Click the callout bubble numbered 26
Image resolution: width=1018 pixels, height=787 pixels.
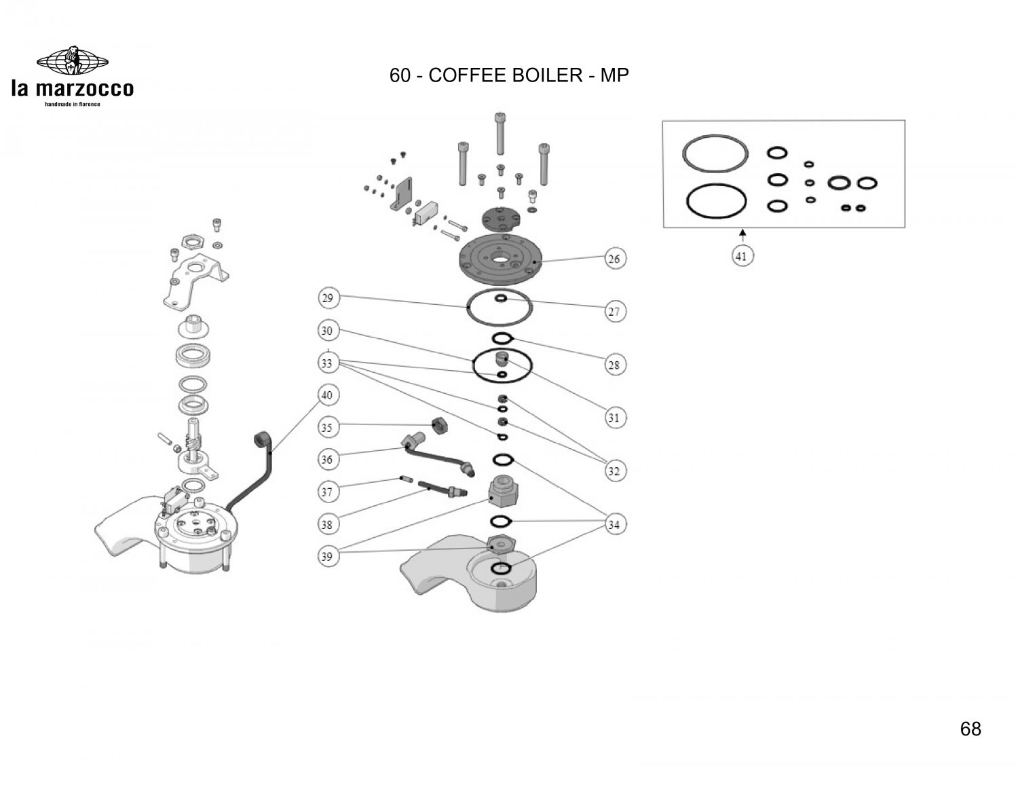click(614, 259)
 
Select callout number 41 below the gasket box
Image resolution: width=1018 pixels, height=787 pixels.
click(742, 256)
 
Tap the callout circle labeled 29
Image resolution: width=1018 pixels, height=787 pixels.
click(328, 298)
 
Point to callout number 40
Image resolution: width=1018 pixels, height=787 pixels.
click(328, 395)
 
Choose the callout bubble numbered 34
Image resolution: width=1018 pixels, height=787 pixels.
click(614, 524)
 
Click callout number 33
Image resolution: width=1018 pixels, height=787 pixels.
click(328, 363)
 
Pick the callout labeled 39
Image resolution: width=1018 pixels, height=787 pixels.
click(328, 557)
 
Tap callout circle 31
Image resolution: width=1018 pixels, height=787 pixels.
click(614, 418)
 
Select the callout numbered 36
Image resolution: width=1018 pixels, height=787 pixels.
click(328, 460)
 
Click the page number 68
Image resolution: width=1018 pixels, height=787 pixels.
click(970, 729)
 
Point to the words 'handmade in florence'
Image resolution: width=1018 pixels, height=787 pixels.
click(72, 104)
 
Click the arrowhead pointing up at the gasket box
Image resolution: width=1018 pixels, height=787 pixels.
click(742, 233)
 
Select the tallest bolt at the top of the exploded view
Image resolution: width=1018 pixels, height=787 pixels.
click(500, 132)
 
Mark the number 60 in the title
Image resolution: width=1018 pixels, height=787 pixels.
click(400, 75)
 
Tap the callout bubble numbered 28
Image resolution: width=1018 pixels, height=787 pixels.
click(614, 365)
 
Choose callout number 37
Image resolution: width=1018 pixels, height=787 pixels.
click(328, 491)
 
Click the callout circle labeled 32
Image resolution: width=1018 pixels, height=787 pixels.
click(614, 471)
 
